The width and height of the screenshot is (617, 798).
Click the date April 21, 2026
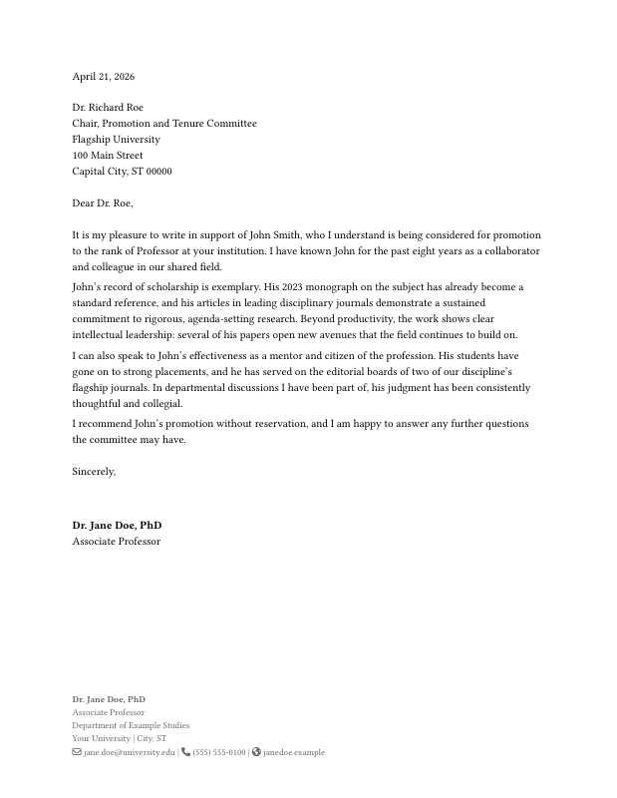(103, 77)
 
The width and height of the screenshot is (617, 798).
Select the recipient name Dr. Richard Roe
(108, 108)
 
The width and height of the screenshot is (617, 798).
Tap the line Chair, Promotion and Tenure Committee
(164, 124)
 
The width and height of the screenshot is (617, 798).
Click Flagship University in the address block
(116, 140)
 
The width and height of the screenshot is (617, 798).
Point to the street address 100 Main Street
(108, 156)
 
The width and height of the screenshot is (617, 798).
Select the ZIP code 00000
(158, 172)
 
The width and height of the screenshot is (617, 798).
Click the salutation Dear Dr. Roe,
(102, 203)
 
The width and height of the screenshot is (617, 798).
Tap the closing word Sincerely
(93, 472)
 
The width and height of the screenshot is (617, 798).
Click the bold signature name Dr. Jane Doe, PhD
(117, 526)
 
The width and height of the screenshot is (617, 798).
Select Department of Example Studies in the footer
(131, 726)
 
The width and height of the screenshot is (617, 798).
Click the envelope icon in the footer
(77, 752)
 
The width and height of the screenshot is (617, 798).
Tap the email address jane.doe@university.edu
(130, 753)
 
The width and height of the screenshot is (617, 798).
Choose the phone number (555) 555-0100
(219, 753)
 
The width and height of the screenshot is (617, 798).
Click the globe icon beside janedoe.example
(256, 752)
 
